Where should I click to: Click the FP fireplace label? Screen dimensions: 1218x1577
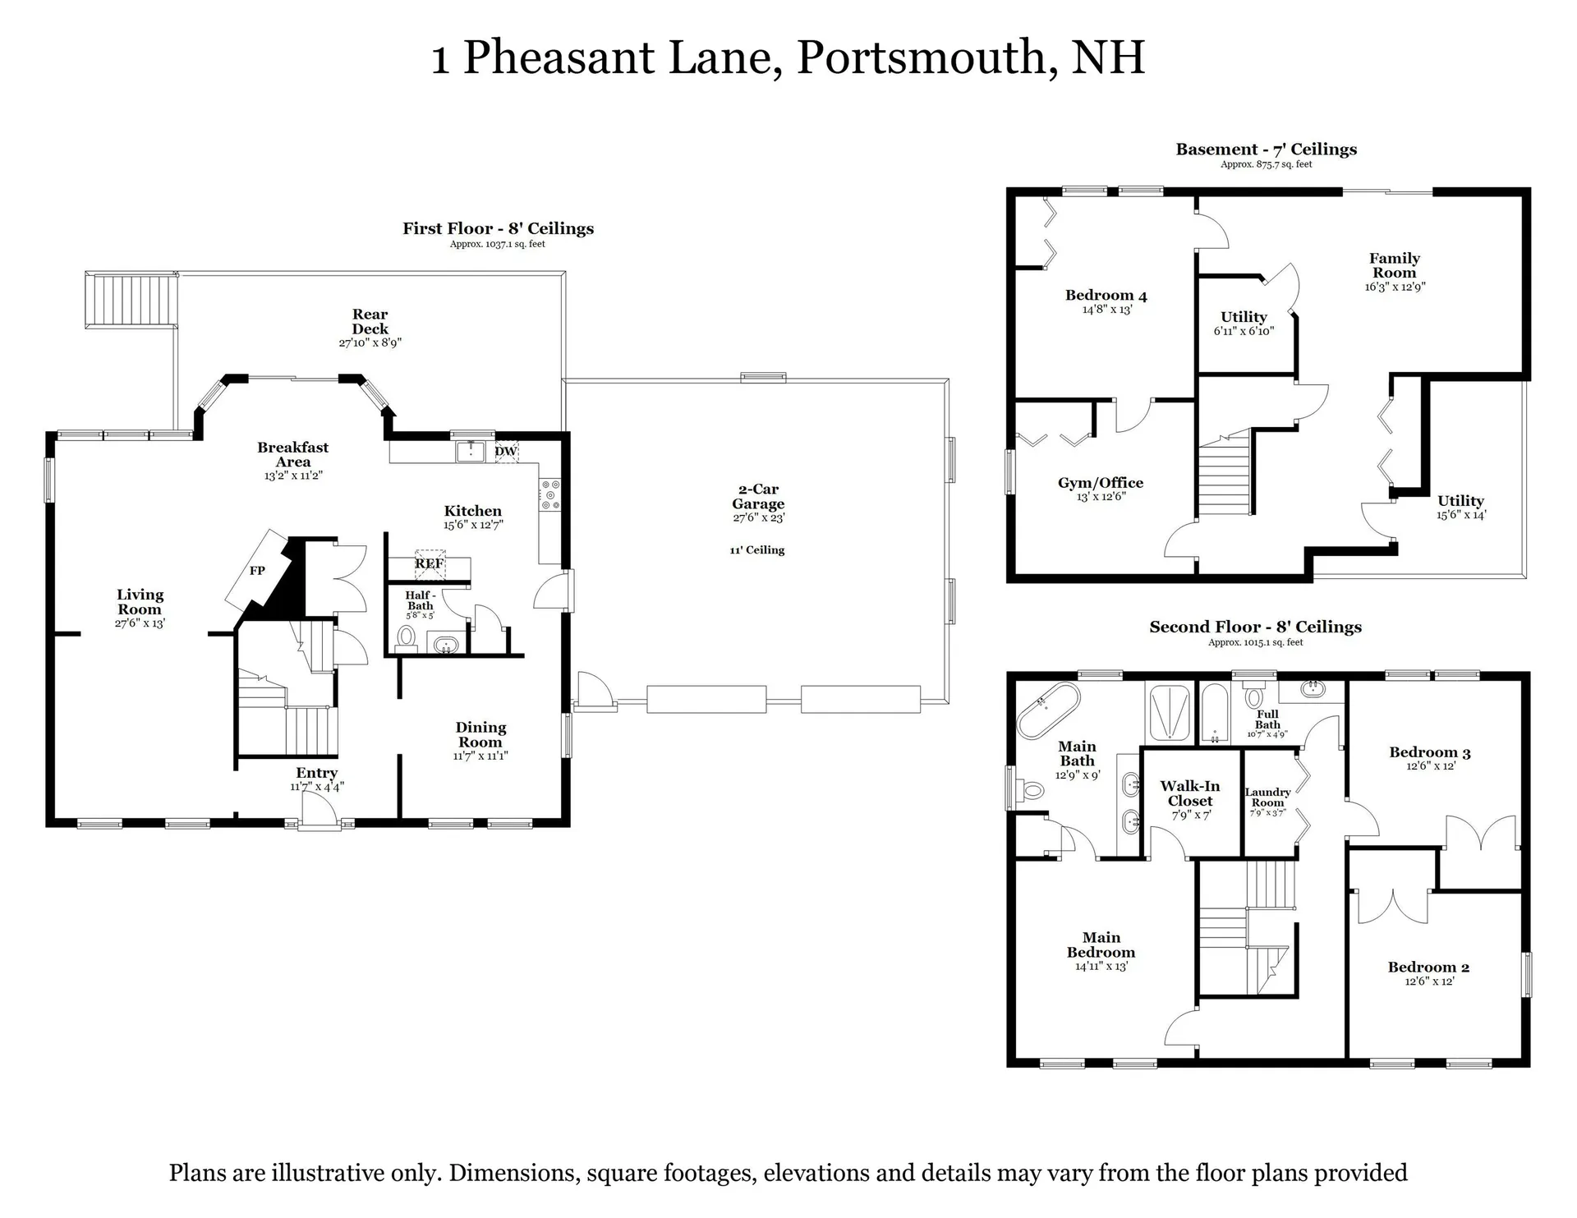point(257,570)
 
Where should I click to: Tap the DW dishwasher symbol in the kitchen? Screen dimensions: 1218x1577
point(506,451)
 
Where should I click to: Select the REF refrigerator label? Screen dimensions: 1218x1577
point(429,563)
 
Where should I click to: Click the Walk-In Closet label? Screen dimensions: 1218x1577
point(1190,793)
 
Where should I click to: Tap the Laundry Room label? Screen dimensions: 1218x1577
point(1267,797)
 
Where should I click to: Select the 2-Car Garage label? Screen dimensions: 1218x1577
point(758,496)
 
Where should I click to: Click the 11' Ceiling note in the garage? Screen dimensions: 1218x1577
point(757,550)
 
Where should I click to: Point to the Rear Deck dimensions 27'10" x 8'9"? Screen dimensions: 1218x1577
point(370,342)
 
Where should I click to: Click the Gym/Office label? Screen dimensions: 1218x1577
point(1101,483)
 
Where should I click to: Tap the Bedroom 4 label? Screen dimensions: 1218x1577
point(1106,296)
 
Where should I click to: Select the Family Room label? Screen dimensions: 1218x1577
point(1395,265)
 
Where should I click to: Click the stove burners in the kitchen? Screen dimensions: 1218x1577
point(549,495)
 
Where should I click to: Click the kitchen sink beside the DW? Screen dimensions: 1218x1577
point(471,451)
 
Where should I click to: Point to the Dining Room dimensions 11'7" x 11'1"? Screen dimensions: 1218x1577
point(480,756)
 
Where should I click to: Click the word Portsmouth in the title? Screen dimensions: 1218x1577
point(927,57)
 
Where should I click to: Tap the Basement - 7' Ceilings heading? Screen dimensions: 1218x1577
point(1266,149)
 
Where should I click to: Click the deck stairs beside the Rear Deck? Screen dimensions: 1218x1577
point(131,301)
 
